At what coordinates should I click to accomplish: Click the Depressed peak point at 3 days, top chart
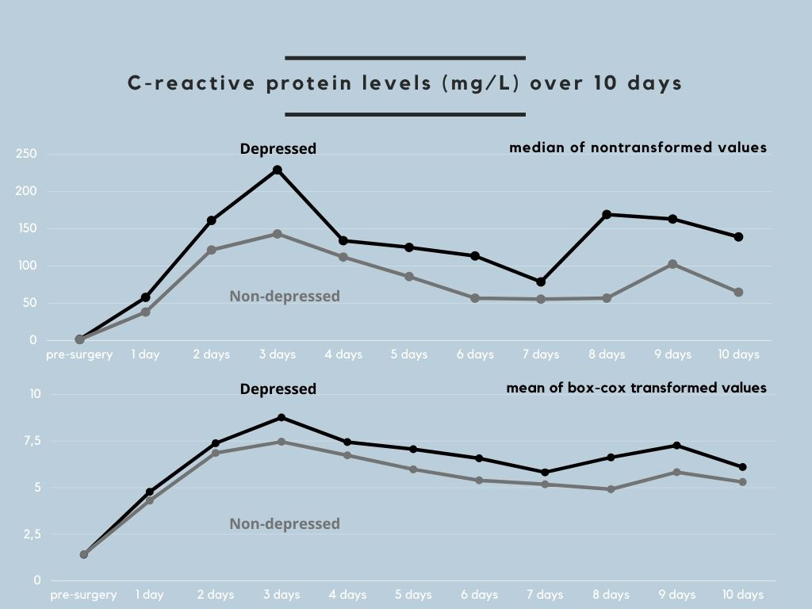point(277,170)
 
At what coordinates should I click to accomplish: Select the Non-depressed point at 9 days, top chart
point(672,264)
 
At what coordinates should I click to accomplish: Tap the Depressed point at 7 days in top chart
point(541,282)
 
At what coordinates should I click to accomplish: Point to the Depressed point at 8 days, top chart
point(607,214)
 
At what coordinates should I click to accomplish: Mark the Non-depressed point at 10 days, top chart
point(738,293)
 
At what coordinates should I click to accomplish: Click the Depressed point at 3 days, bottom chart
point(282,417)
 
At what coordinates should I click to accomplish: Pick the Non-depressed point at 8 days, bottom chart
point(611,489)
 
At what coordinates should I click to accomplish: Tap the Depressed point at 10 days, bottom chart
point(742,467)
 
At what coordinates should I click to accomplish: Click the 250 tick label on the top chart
point(26,154)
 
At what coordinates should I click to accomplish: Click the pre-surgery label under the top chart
point(79,354)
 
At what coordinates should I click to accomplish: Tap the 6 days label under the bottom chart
point(479,595)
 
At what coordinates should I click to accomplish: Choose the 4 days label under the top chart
point(343,354)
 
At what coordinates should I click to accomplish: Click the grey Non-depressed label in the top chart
point(285,296)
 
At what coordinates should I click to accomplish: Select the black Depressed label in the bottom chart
point(278,389)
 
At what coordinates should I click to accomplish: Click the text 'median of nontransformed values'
point(638,147)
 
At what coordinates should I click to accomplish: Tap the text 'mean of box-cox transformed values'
point(637,388)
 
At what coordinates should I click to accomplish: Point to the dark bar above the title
point(405,58)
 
